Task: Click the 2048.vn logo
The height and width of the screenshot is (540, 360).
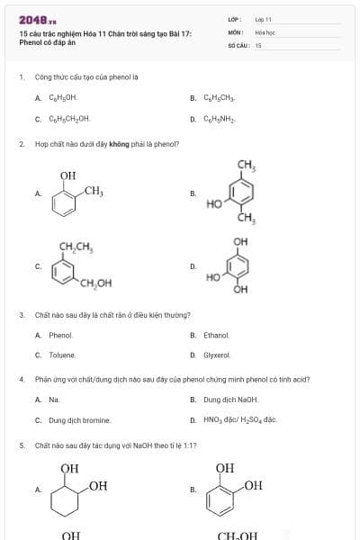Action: (37, 19)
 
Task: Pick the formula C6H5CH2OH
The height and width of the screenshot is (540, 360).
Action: (68, 118)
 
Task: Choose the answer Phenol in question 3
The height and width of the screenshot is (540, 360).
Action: (60, 335)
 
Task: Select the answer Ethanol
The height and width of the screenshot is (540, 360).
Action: (216, 335)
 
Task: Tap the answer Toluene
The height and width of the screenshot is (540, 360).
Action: (62, 355)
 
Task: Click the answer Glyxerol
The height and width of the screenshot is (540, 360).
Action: (217, 355)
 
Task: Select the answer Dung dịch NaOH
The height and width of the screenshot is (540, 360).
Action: (230, 400)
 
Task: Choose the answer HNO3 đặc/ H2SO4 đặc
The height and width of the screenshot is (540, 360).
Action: (239, 420)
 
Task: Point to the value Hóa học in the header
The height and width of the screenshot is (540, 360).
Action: (265, 31)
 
